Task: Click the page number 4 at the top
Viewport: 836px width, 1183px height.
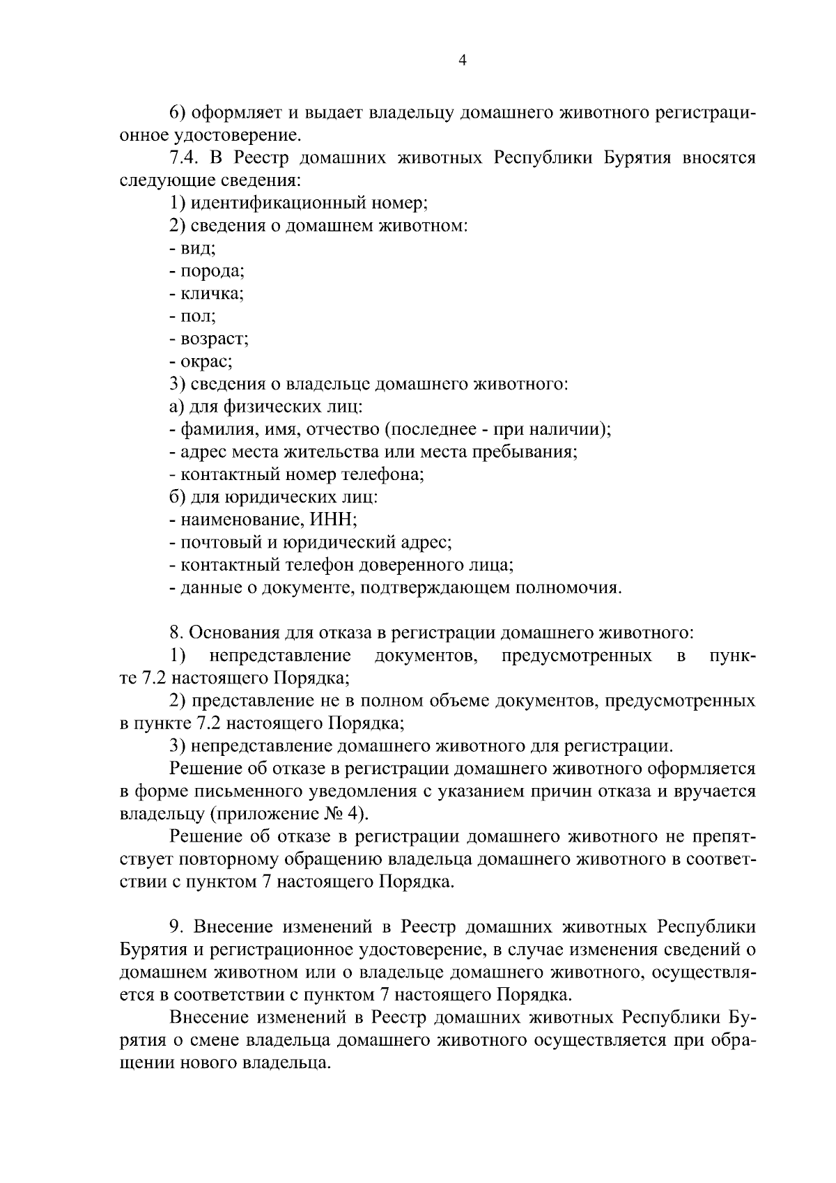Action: tap(463, 61)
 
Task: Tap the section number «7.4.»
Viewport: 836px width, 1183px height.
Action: tap(185, 157)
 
